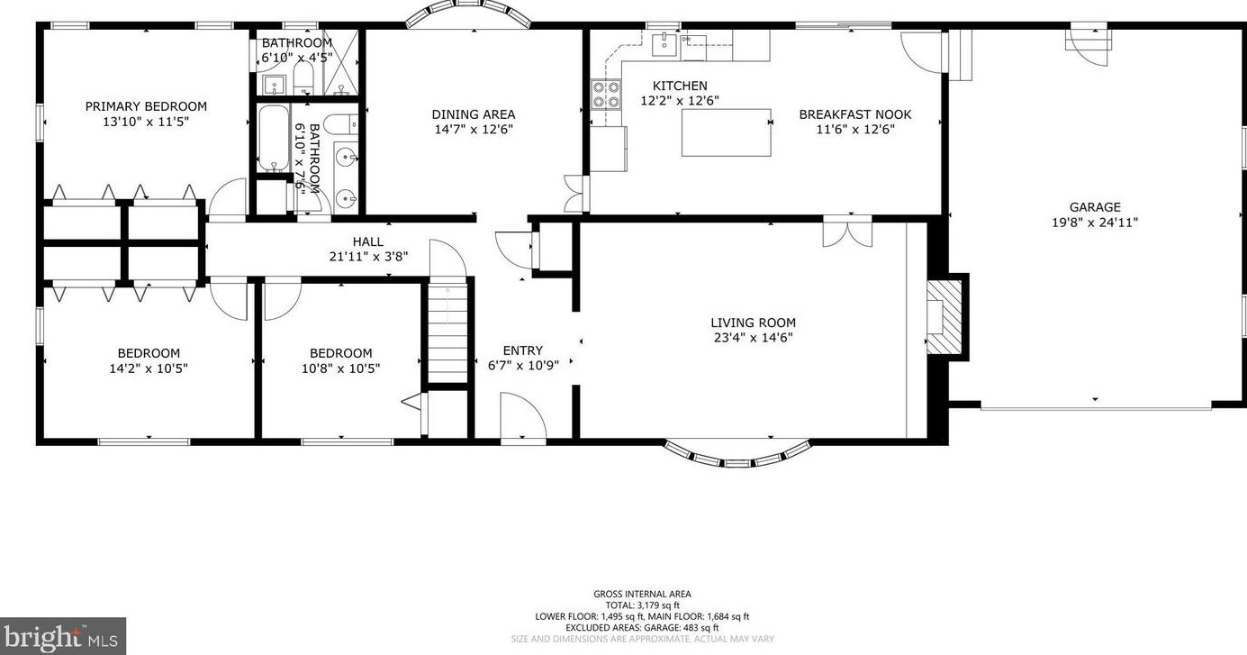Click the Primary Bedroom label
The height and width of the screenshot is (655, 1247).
(146, 106)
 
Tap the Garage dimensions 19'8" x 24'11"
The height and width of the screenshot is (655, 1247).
(1095, 223)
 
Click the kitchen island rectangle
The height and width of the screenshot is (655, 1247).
(726, 132)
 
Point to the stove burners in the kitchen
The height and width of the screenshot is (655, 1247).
(606, 94)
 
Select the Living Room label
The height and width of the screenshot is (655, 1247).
(753, 323)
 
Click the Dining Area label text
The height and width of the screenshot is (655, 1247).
(474, 114)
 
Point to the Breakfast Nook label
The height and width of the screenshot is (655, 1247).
(855, 114)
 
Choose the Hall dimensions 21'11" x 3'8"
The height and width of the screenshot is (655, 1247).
(368, 256)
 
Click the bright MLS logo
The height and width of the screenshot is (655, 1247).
(62, 636)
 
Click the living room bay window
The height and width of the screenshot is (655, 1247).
(737, 452)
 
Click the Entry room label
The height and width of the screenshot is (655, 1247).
(522, 350)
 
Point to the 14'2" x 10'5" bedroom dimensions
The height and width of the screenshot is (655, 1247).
(149, 368)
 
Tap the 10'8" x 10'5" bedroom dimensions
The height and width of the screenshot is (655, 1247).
(340, 368)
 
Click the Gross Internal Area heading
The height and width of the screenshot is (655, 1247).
(642, 594)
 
